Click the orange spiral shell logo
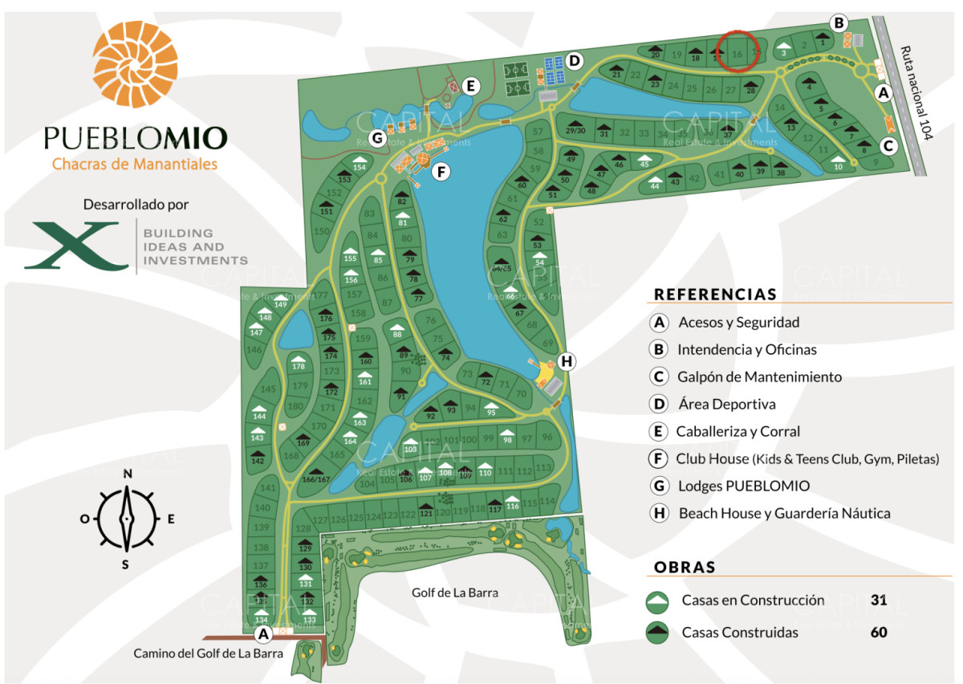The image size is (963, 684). (134, 64)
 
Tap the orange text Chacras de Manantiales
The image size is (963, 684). (135, 165)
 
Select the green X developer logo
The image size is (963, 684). (81, 246)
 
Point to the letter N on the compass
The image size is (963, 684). (127, 474)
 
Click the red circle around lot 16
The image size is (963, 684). (737, 51)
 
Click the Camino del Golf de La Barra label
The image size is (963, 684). (208, 653)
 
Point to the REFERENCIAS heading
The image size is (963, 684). (715, 294)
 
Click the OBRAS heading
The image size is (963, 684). (685, 567)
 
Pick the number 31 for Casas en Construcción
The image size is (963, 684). (879, 600)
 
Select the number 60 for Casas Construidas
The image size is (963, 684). (879, 632)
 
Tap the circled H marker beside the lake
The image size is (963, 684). (567, 361)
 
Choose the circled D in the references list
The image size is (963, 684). (659, 405)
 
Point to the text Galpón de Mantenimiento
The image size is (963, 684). (759, 377)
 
